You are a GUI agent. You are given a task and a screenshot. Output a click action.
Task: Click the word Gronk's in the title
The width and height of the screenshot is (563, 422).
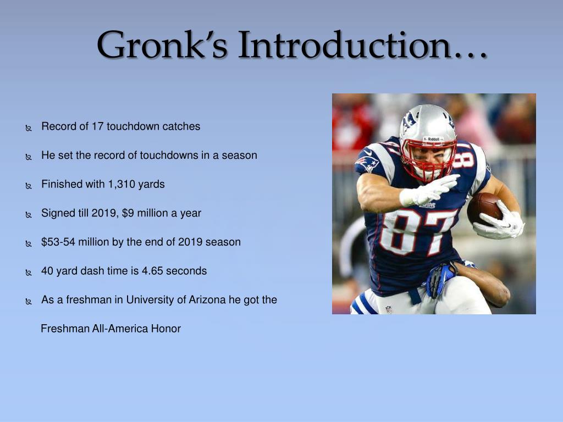point(162,45)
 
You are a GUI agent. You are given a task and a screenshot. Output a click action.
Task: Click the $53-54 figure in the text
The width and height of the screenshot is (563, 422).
point(58,242)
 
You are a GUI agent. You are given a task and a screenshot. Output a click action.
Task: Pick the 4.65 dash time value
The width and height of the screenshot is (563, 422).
point(152,271)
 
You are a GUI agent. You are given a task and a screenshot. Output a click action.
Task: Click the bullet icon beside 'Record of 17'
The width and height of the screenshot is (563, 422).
point(29,127)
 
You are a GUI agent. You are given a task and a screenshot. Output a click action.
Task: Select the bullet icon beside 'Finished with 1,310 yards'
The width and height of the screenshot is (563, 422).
point(29,186)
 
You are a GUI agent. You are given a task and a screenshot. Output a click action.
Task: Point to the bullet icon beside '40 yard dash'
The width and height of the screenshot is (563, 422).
point(29,273)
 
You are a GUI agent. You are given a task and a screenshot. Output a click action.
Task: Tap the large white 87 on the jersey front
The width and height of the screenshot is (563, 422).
point(417,231)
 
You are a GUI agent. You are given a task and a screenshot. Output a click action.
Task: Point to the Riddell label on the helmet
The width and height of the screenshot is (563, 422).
point(433,139)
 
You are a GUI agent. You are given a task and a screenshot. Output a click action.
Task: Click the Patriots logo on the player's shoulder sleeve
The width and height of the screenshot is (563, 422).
point(367,164)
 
